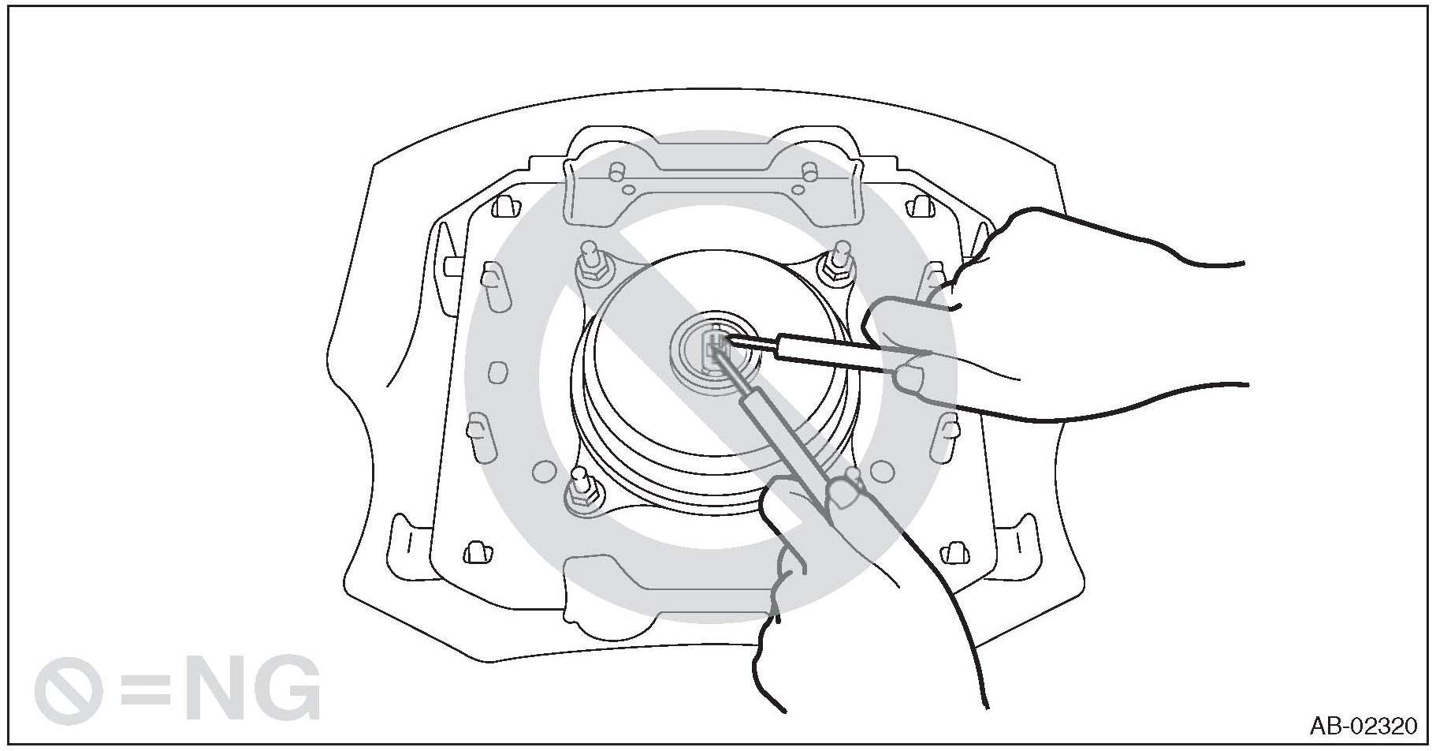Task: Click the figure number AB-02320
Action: pos(1363,725)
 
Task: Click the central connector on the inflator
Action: pos(713,347)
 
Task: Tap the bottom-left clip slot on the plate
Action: pos(475,551)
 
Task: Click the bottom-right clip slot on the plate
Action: pos(955,551)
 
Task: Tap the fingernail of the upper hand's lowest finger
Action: pos(910,379)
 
